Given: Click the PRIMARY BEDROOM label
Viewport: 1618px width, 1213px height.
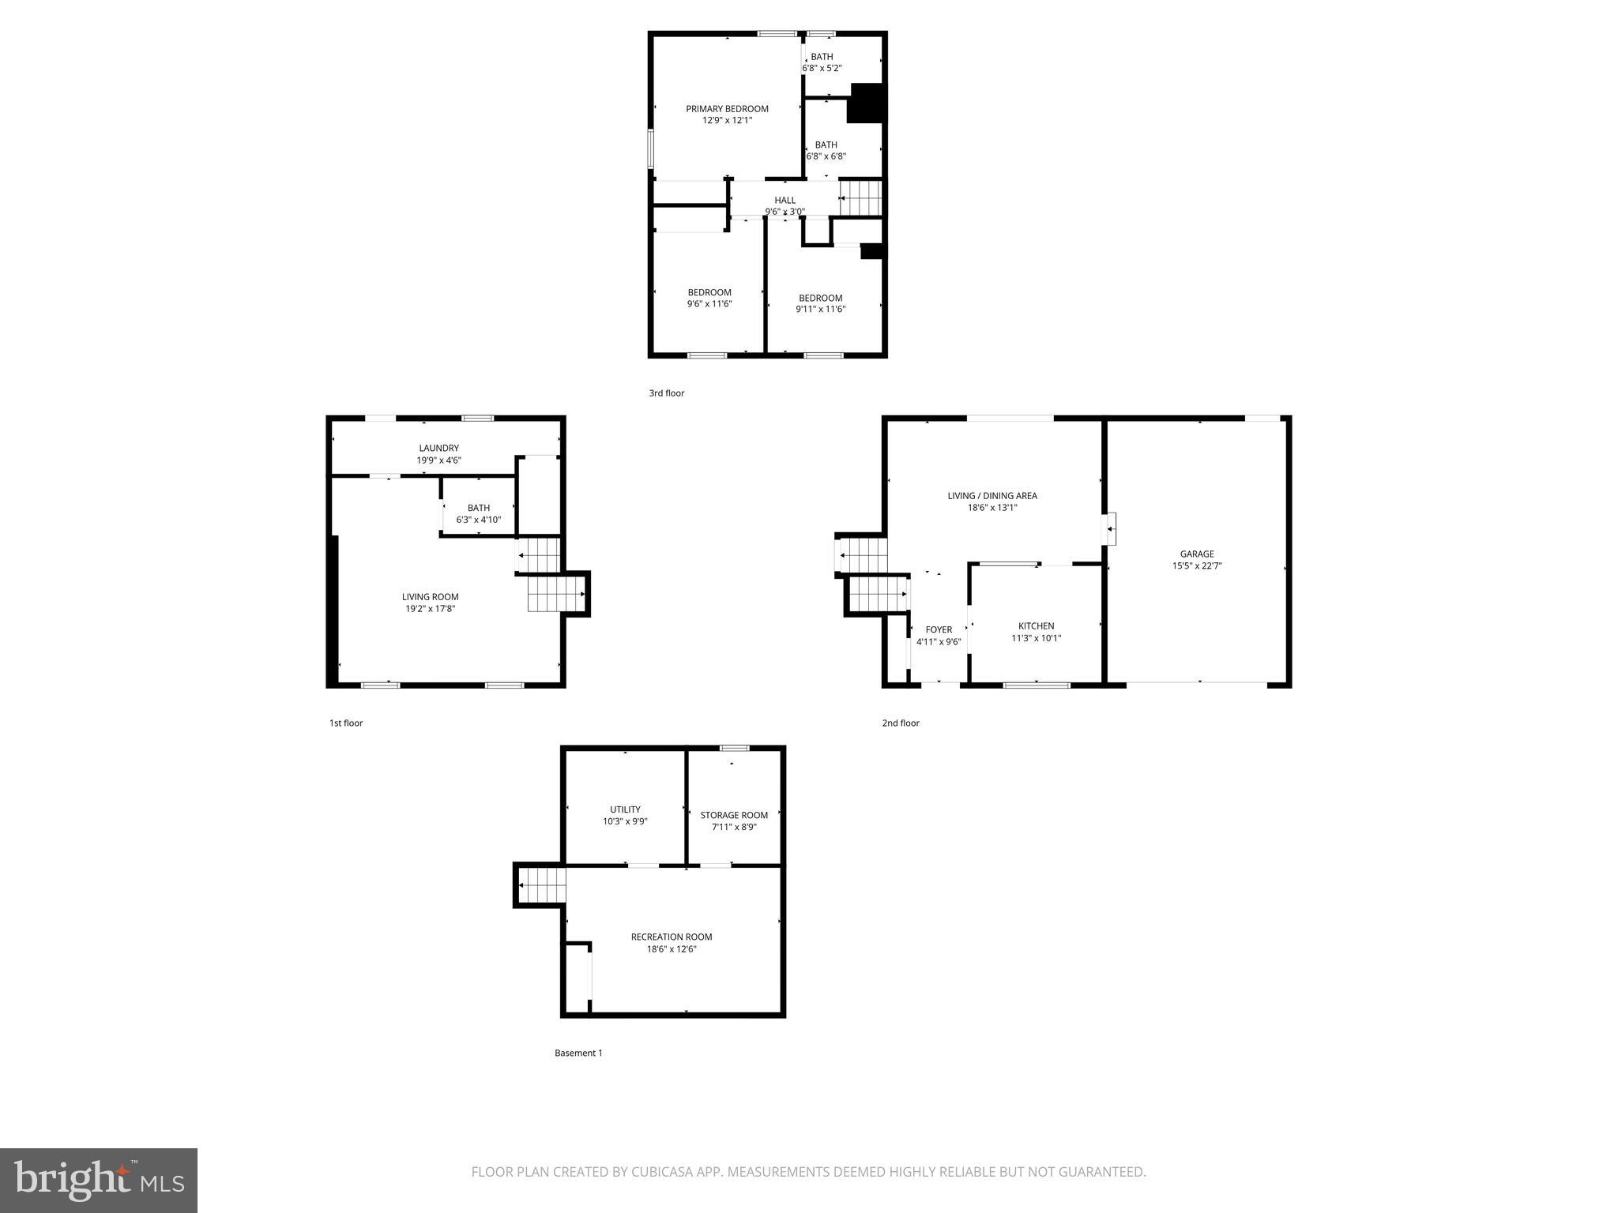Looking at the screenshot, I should tap(726, 109).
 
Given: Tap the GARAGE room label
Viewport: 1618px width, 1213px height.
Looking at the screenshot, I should tap(1197, 554).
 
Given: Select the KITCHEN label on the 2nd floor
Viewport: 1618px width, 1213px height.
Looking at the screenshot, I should tap(1036, 626).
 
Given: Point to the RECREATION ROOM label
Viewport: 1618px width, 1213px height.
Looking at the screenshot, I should tap(671, 937).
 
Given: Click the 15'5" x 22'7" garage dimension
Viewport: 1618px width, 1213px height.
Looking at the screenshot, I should tap(1197, 566).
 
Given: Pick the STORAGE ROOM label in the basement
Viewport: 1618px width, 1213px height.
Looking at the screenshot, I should tap(734, 816).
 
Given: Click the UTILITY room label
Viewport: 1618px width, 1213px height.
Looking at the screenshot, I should tap(625, 809).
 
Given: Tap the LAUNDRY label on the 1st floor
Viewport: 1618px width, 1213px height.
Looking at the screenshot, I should tap(438, 449).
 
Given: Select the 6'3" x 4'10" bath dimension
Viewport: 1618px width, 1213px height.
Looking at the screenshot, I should tap(478, 520).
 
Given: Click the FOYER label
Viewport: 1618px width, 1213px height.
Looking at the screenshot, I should tap(939, 630).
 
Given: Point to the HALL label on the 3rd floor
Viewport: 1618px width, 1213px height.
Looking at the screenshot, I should tap(785, 201).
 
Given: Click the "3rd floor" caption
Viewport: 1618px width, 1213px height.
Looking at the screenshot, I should tap(666, 393).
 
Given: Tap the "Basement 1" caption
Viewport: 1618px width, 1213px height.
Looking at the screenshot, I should tap(578, 1053).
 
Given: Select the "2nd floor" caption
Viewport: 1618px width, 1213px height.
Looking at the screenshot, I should tap(901, 723).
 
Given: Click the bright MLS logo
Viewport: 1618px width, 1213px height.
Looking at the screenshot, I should tap(99, 1181).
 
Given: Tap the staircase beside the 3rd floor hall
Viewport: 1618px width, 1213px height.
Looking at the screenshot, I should tap(860, 197).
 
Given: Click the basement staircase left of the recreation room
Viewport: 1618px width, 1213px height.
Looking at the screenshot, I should tap(542, 885).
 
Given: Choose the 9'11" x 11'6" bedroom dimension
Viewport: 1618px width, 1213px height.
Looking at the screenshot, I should tap(820, 310).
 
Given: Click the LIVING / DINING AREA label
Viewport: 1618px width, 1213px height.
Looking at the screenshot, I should tap(992, 496).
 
